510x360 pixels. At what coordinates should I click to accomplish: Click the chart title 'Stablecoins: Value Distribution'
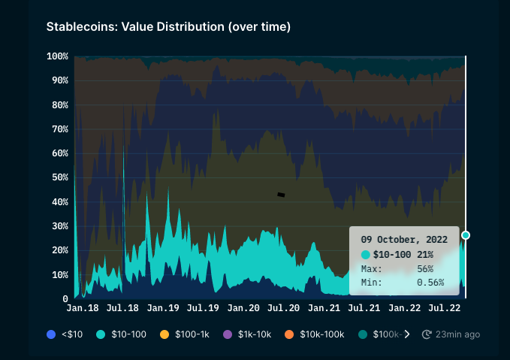point(168,27)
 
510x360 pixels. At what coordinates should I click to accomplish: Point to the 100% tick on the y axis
point(58,56)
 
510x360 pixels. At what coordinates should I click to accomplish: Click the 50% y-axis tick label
point(60,177)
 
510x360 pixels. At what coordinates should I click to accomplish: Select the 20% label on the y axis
point(60,250)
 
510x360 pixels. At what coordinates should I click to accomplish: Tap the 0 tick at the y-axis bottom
point(65,298)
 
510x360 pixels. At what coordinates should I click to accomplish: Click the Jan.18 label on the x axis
point(83,308)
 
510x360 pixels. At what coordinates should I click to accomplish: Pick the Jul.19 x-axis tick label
point(202,308)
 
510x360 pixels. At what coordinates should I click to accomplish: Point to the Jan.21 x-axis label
point(324,308)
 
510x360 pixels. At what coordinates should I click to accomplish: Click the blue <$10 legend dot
point(51,334)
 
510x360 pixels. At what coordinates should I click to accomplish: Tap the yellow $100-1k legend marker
point(164,334)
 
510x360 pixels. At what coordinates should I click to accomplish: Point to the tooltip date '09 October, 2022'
point(404,239)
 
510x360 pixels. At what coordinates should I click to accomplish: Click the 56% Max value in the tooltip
point(425,269)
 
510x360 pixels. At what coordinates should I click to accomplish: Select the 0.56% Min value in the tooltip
point(430,283)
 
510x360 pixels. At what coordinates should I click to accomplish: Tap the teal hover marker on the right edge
point(466,235)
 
